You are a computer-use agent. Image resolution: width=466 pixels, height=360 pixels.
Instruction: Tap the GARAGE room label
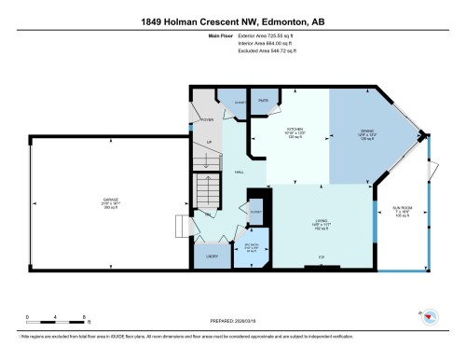110,203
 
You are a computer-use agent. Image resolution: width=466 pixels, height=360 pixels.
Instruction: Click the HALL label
239,173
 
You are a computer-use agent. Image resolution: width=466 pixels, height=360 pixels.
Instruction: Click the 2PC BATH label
245,247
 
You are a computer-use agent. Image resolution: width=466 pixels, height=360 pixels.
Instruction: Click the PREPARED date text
233,317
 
